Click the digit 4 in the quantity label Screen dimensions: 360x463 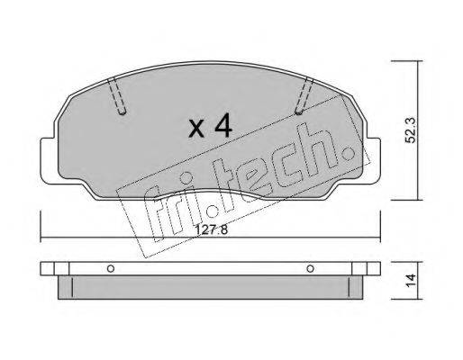coord(222,126)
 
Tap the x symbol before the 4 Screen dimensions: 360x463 coord(196,128)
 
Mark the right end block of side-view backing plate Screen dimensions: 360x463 coord(369,268)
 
